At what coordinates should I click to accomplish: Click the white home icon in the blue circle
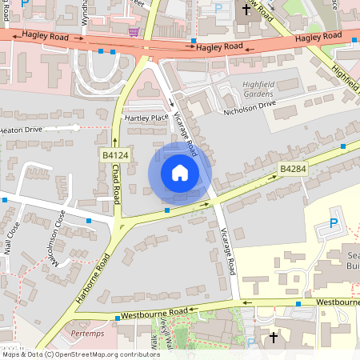pos(180,173)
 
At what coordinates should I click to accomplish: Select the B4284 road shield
pos(293,169)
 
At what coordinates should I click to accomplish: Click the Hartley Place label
pos(146,118)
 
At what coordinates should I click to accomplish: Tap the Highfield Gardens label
pos(258,88)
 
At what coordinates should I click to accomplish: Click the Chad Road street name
pos(117,185)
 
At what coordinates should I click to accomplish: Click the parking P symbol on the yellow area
pos(334,226)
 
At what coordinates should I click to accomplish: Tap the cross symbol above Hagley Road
pos(246,10)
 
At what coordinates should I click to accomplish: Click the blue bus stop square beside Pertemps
pos(118,318)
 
